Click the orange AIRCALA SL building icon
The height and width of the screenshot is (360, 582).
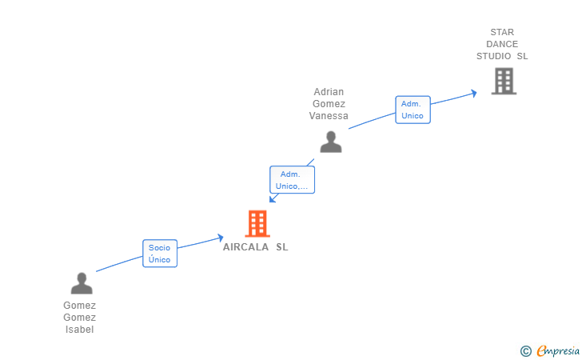tap(257, 224)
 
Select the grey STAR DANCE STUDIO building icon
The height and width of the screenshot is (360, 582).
tap(504, 81)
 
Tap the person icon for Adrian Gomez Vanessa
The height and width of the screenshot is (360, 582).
tap(331, 142)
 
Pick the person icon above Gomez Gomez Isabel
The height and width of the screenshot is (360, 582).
tap(82, 283)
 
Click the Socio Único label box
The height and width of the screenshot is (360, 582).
tap(160, 254)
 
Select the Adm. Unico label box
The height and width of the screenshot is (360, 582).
tap(413, 110)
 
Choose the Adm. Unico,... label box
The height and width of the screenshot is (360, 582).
tap(292, 180)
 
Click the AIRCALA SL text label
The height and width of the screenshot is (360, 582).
tap(256, 247)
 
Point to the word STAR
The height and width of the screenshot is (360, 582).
tap(502, 33)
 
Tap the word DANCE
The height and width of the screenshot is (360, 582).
tap(502, 44)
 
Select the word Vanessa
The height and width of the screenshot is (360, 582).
tap(329, 116)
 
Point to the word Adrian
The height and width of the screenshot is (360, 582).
tap(329, 92)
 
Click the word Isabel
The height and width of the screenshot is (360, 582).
tap(80, 330)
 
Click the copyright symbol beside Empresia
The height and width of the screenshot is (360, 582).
tap(525, 350)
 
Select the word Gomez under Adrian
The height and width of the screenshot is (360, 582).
tap(329, 104)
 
